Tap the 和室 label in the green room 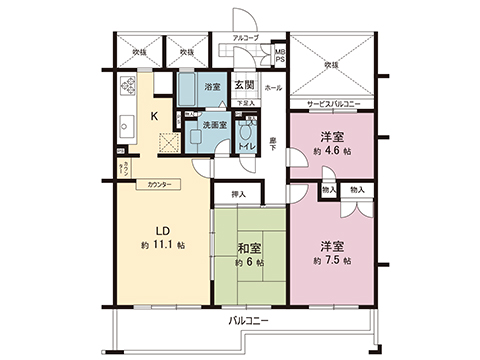coord(250,247)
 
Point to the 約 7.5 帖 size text coord(332,261)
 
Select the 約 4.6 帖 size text coord(332,150)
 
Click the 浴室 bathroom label coord(212,87)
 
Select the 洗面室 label coord(212,125)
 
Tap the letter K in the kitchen coord(153,116)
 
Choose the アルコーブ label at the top coord(245,38)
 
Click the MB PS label coord(280,54)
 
